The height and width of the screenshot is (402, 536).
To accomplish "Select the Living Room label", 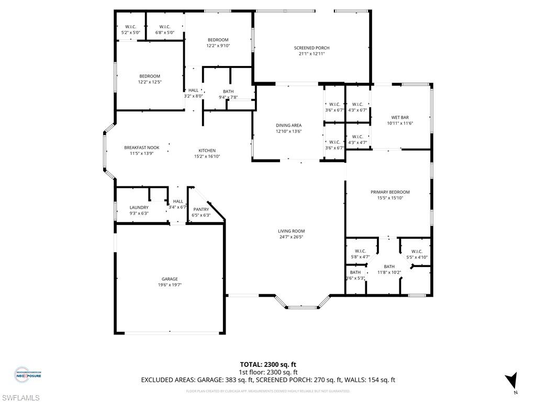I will click(x=291, y=231).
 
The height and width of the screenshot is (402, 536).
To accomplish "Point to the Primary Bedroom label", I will click(x=389, y=192).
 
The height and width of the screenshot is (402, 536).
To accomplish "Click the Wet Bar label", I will click(x=400, y=117).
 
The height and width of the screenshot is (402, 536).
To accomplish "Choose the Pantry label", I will click(x=201, y=209).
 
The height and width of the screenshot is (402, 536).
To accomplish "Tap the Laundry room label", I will click(x=139, y=207).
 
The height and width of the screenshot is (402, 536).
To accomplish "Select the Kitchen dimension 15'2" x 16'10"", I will click(x=207, y=156).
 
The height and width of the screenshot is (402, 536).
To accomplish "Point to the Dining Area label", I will click(x=288, y=125).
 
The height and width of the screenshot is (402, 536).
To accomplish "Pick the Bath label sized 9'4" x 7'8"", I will click(x=228, y=92).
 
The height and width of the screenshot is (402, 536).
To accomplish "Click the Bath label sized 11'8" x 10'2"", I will click(x=389, y=266).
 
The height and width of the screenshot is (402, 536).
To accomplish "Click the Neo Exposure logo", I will click(x=27, y=374).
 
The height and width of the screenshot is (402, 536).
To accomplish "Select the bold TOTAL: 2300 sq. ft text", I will click(x=267, y=364).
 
